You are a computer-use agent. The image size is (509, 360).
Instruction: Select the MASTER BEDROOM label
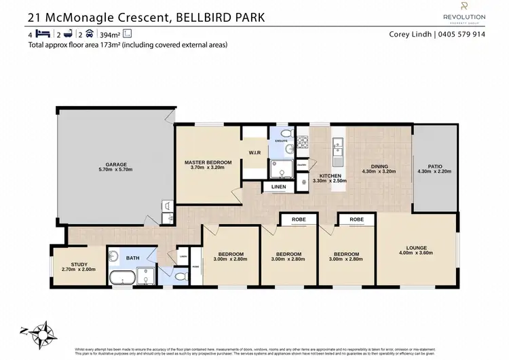(x=208, y=162)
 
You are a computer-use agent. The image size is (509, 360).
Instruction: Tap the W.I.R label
(x=255, y=152)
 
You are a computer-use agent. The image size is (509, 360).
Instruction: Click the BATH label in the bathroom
(x=132, y=259)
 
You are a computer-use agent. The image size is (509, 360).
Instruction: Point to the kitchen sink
(x=337, y=144)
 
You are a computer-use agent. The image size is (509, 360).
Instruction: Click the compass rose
(x=41, y=332)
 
